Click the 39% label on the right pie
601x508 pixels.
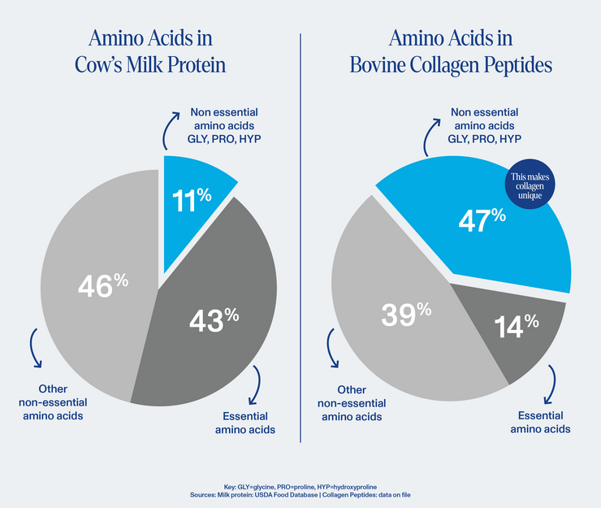405,313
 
